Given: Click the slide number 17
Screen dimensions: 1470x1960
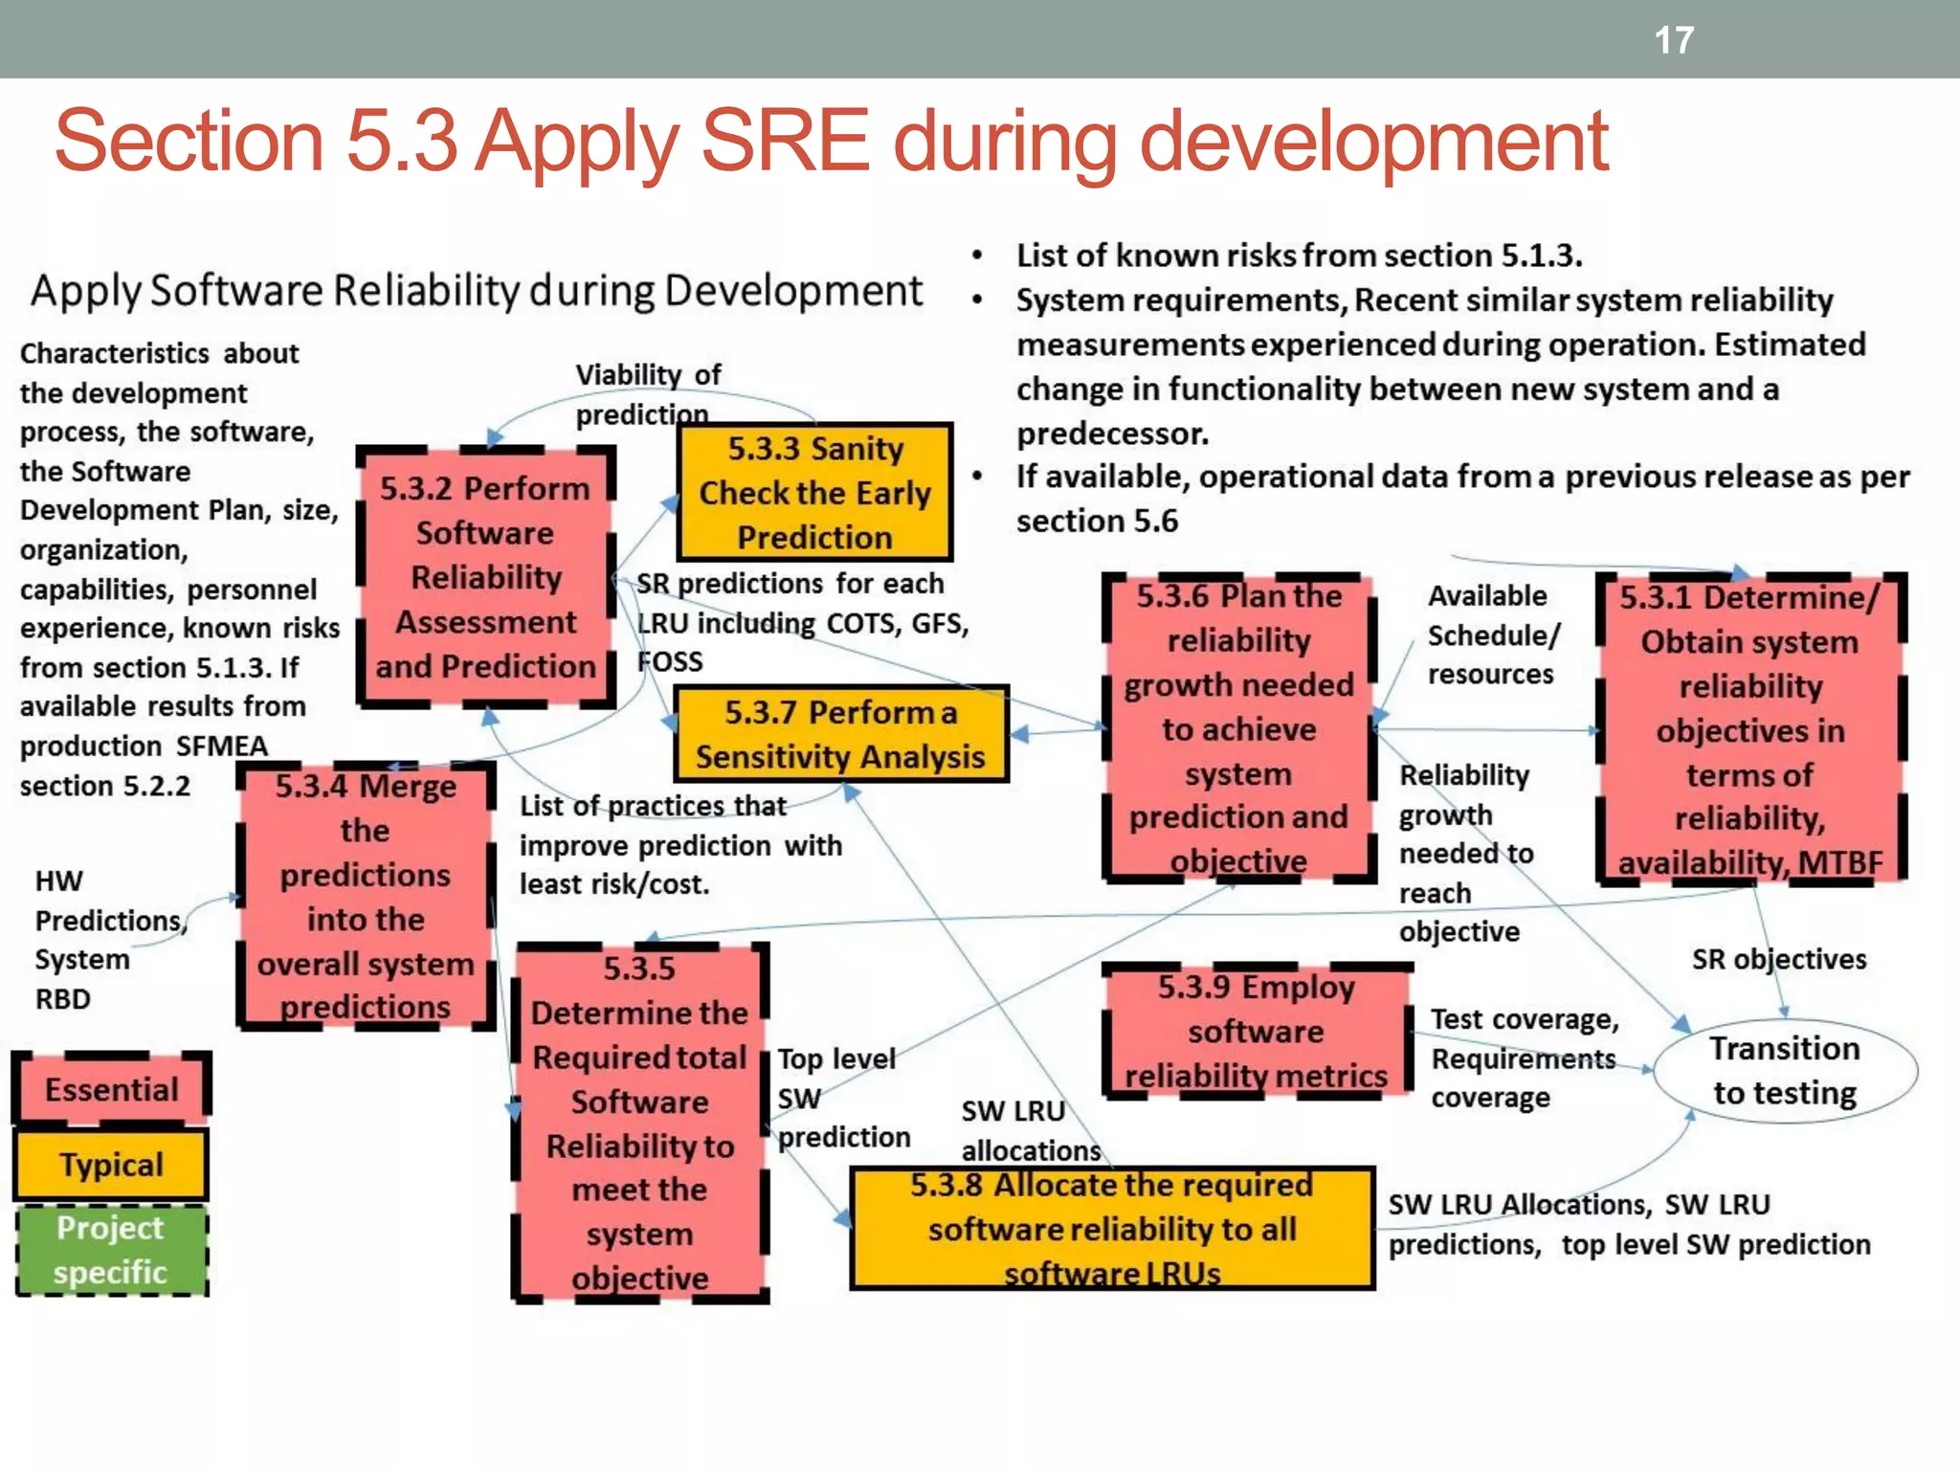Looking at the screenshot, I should click(1674, 40).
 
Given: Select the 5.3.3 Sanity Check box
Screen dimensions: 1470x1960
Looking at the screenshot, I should click(814, 492).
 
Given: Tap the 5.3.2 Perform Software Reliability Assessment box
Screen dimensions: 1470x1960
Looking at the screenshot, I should click(485, 577).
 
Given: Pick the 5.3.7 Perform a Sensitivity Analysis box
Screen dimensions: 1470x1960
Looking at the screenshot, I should click(840, 734).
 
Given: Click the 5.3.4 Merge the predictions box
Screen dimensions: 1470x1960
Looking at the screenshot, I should click(365, 897).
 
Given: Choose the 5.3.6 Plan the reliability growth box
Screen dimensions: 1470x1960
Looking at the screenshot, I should click(1238, 727).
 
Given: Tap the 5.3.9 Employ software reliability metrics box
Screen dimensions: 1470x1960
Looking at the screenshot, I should click(1256, 1032).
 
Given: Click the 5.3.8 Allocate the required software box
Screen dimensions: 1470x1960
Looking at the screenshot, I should click(1112, 1229).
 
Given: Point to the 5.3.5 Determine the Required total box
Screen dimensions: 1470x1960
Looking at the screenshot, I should click(639, 1123).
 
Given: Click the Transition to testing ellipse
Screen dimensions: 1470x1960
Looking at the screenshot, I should click(1785, 1071).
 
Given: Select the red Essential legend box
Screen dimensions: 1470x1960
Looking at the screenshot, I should click(112, 1089).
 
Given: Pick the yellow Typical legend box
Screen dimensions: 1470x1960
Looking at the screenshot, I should click(112, 1165).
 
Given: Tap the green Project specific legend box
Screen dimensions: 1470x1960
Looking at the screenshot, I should click(112, 1250).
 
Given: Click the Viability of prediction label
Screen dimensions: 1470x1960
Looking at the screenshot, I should click(647, 393).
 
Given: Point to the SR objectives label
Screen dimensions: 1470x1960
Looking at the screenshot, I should click(1778, 959).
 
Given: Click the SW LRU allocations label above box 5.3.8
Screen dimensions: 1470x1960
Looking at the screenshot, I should click(1030, 1130).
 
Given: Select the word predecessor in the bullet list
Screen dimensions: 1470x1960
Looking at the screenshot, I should click(1112, 434).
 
